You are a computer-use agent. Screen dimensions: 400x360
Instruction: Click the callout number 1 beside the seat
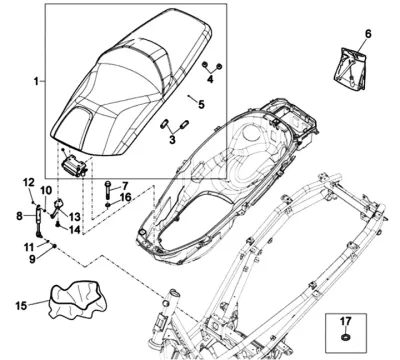tap(36, 81)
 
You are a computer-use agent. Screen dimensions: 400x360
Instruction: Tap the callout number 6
tap(368, 34)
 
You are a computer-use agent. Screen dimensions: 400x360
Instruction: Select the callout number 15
tap(21, 305)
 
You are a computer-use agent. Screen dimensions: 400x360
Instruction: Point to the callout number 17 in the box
tap(346, 321)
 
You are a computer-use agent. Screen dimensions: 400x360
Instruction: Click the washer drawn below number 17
tap(346, 337)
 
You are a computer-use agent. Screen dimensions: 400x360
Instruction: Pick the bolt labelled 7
tap(107, 189)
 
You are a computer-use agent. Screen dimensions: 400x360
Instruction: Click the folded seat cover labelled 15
tap(78, 299)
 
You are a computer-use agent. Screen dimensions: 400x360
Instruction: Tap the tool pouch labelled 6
tap(350, 69)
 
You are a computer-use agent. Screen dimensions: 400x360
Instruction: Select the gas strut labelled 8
tap(39, 221)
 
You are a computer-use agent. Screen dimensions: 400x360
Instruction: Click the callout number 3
tap(172, 139)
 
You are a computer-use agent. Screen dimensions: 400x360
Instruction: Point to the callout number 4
tap(210, 79)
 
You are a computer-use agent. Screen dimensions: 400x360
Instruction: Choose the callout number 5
tap(201, 104)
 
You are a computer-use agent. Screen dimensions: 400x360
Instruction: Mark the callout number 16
tap(125, 197)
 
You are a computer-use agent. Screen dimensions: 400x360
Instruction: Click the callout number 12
tap(29, 182)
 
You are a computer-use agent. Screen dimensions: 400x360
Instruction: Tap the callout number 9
tap(32, 259)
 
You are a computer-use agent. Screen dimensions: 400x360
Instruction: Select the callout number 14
tap(75, 229)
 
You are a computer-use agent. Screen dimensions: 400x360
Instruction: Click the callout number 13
tap(75, 217)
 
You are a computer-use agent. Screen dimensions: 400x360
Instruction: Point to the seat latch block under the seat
tap(74, 166)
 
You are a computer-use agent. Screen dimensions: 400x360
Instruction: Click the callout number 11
tap(29, 247)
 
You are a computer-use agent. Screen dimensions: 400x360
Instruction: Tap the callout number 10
tap(46, 191)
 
